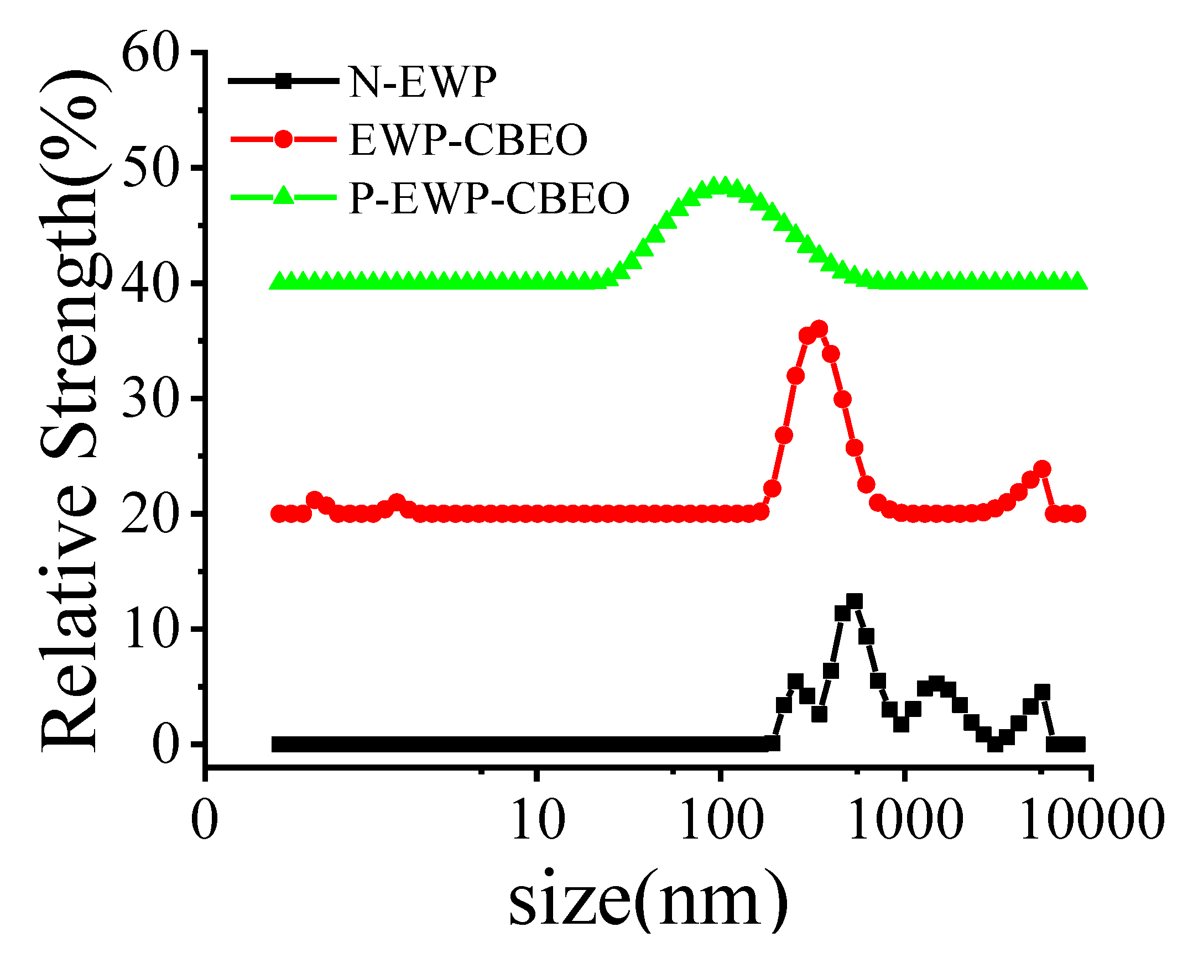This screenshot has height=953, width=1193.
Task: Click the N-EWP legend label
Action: point(422,82)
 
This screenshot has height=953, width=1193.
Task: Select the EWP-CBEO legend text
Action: point(468,140)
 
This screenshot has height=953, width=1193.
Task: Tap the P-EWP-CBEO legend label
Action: point(489,198)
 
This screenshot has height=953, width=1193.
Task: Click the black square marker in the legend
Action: point(283,81)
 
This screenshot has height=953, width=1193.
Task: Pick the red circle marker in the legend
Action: point(283,139)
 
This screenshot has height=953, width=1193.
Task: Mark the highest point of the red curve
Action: point(819,329)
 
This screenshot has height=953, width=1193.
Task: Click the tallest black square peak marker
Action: point(855,601)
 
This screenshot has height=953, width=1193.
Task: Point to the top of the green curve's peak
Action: point(721,185)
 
